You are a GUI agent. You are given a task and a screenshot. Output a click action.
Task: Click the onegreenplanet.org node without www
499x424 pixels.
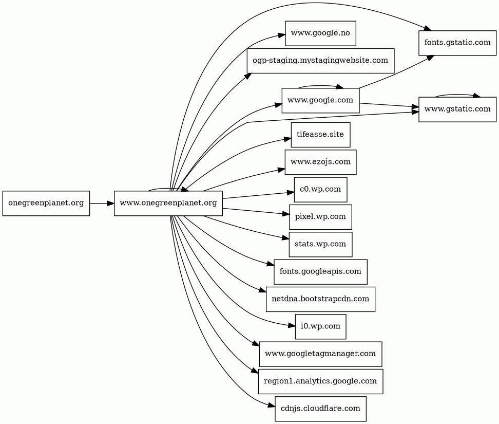tap(46, 203)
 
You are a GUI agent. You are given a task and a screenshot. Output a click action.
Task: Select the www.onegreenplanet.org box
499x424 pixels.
tap(168, 203)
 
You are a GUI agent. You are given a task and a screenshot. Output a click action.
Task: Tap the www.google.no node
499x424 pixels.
tap(320, 33)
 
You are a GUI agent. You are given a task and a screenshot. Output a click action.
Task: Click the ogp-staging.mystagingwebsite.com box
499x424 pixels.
tap(320, 61)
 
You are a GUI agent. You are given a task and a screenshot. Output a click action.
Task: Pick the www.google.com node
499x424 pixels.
tap(320, 100)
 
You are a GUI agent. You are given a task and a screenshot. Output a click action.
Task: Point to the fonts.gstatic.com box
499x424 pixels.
tap(457, 42)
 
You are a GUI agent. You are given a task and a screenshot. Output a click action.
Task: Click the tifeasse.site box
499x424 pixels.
tap(320, 135)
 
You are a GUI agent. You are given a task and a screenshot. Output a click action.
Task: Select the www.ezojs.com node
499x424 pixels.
tap(320, 162)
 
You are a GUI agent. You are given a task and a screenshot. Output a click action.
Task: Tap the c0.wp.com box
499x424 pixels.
tap(320, 189)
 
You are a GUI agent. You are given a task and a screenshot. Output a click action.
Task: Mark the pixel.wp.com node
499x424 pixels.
tap(320, 216)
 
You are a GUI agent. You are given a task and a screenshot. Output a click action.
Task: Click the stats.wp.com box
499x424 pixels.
tap(320, 244)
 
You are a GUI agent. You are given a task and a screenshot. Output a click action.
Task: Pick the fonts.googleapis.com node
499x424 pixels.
tap(320, 271)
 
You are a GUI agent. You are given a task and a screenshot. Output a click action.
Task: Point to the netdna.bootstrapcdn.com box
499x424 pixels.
tap(320, 299)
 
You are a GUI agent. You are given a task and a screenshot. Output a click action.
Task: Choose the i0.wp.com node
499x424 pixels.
tap(320, 326)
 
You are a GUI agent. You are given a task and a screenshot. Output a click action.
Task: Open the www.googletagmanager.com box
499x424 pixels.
tap(320, 354)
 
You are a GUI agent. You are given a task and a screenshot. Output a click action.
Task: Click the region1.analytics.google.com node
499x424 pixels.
tap(320, 381)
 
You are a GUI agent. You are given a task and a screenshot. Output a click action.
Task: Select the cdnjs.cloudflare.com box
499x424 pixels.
tap(320, 409)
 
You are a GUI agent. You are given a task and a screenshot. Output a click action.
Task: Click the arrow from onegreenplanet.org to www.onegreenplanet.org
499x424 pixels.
tap(102, 204)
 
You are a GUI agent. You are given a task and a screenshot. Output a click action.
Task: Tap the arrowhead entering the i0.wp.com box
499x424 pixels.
tap(292, 325)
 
